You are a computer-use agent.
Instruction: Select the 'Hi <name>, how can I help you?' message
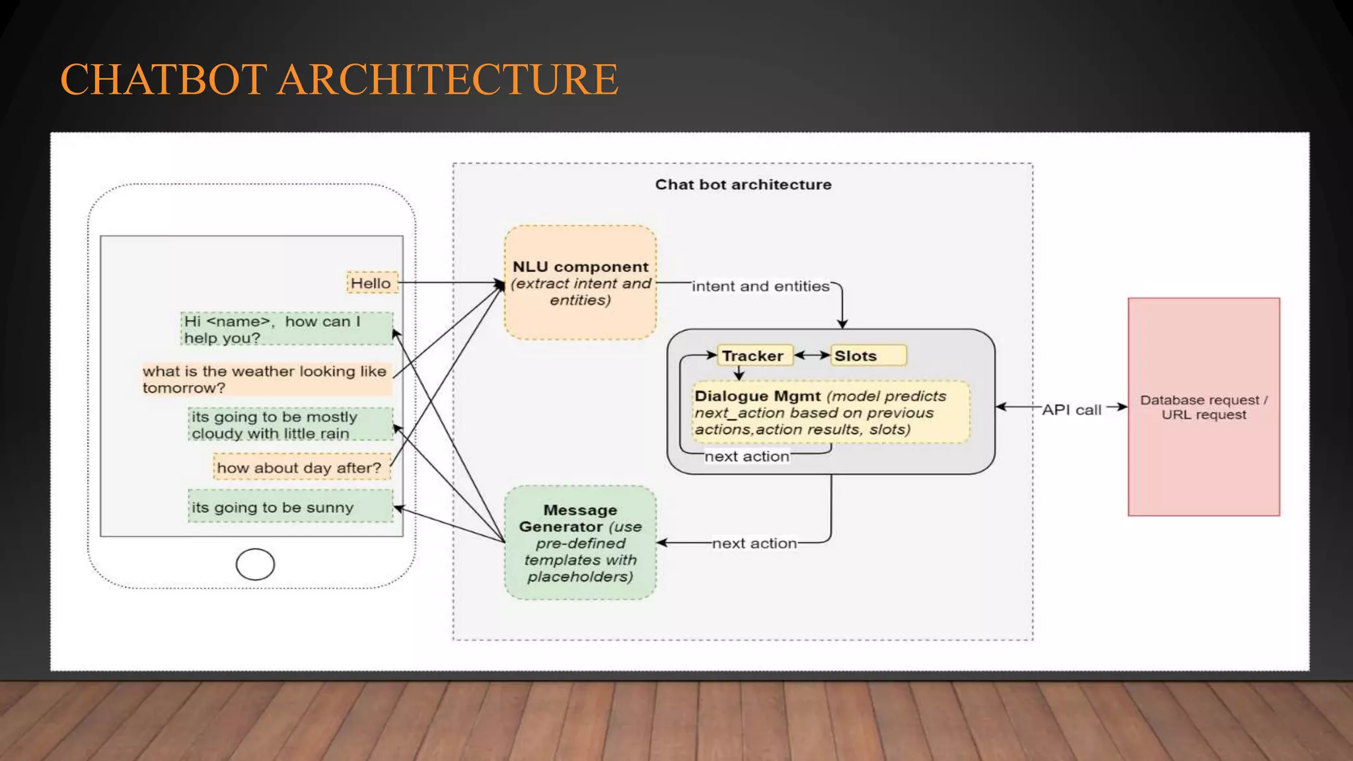(x=287, y=329)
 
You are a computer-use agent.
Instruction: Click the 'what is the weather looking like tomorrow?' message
(x=266, y=379)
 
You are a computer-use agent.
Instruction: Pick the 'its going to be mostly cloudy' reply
(x=289, y=425)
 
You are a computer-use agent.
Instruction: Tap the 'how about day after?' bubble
(x=301, y=468)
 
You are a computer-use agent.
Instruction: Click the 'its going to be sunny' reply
(x=289, y=507)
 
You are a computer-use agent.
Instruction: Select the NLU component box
(x=580, y=283)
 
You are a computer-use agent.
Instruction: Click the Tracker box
(x=754, y=355)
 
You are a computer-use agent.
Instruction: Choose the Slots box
(x=867, y=355)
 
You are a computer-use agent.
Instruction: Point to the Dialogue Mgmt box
(x=830, y=412)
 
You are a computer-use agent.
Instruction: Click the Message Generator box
(x=580, y=543)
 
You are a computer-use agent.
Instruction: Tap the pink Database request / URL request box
(x=1203, y=407)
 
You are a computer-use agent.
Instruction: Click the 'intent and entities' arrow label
(x=760, y=286)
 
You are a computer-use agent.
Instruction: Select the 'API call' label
(x=1072, y=410)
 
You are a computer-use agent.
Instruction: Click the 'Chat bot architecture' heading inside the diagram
(x=743, y=184)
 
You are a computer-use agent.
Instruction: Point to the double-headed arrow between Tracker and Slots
(x=812, y=355)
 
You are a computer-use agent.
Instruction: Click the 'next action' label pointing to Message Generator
(x=754, y=543)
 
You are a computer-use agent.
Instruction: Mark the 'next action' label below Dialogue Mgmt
(x=747, y=456)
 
